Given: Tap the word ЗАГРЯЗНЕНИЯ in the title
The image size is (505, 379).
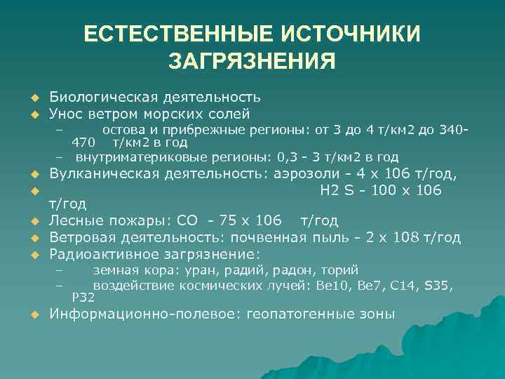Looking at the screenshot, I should tap(252, 61).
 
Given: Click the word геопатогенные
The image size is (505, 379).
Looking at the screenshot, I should tap(288, 314).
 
